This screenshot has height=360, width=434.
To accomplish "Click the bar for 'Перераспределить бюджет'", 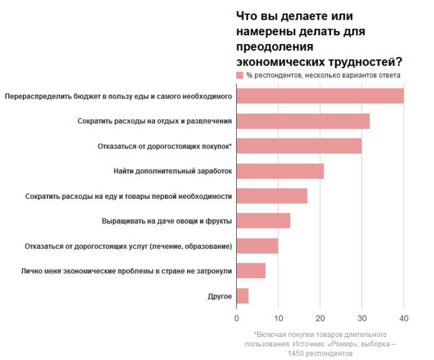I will pyautogui.click(x=320, y=96).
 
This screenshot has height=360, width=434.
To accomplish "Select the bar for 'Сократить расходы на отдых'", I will pyautogui.click(x=303, y=121).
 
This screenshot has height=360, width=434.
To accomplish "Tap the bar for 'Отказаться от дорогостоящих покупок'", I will pyautogui.click(x=299, y=146).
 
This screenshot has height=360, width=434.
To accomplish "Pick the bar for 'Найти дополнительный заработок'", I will pyautogui.click(x=280, y=171).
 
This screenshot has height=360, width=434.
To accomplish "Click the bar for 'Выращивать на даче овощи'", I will pyautogui.click(x=263, y=221).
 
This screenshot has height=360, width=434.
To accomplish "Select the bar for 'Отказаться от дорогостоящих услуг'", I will pyautogui.click(x=257, y=246).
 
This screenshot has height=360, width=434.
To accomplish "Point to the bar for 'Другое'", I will pyautogui.click(x=242, y=296).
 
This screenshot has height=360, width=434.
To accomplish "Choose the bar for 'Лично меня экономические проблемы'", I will pyautogui.click(x=251, y=271).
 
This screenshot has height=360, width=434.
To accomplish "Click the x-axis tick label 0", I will pyautogui.click(x=237, y=318).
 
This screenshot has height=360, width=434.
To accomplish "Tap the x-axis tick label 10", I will pyautogui.click(x=278, y=318).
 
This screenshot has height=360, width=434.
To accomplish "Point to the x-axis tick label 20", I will pyautogui.click(x=320, y=318).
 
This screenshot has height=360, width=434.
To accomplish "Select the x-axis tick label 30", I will pyautogui.click(x=361, y=318).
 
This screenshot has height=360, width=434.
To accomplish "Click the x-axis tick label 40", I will pyautogui.click(x=404, y=318).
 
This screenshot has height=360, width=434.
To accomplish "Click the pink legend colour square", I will pyautogui.click(x=240, y=75).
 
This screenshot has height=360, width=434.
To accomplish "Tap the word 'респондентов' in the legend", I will pyautogui.click(x=278, y=75).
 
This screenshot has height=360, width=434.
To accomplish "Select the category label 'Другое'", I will pyautogui.click(x=219, y=296).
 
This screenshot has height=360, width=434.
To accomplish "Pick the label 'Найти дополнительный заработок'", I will pyautogui.click(x=172, y=171).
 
